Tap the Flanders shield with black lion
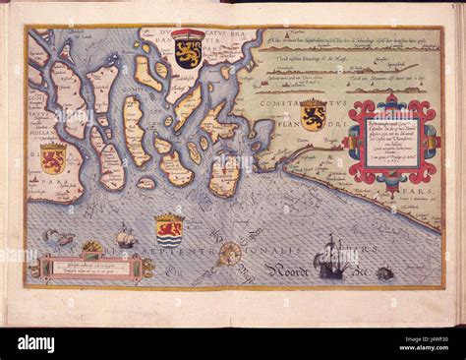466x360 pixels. tap(313, 115)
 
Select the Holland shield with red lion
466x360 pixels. tap(53, 158)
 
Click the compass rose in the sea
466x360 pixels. tap(229, 254)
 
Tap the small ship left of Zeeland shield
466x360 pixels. tap(126, 237)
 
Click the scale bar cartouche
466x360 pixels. tap(90, 267)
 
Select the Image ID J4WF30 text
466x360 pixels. tap(422, 336)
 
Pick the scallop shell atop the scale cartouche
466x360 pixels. tap(91, 248)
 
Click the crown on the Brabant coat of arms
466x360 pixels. tap(189, 35)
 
